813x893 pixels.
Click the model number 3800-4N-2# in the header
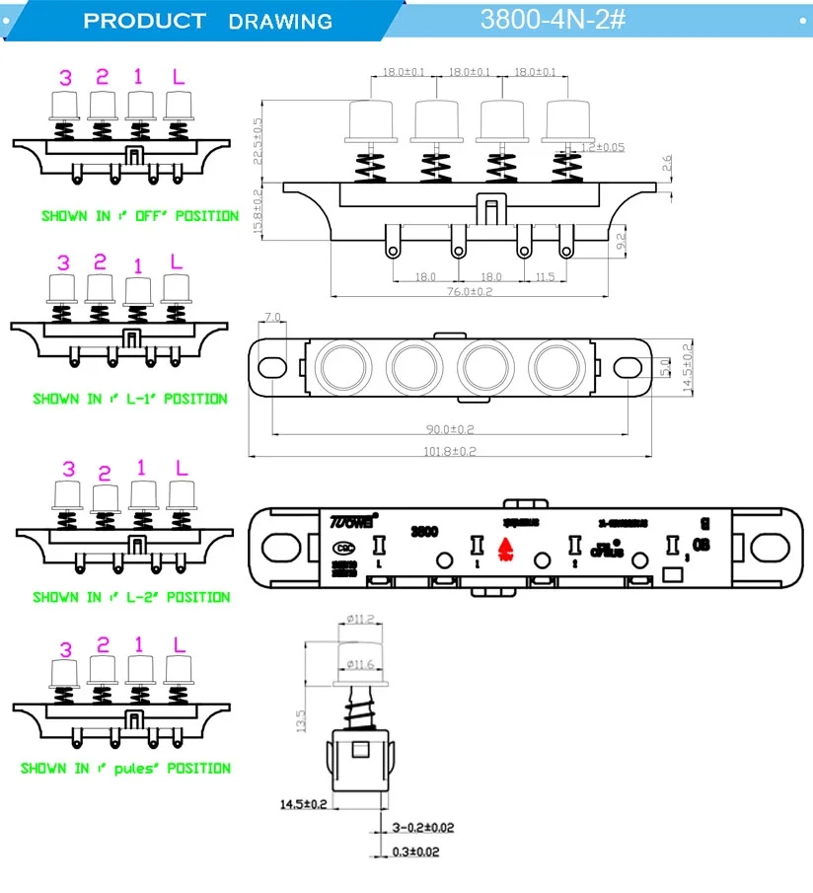pyautogui.click(x=553, y=19)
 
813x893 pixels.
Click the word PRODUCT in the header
pyautogui.click(x=144, y=21)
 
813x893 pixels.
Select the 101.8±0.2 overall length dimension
pyautogui.click(x=451, y=451)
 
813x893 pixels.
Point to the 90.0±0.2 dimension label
pyautogui.click(x=450, y=428)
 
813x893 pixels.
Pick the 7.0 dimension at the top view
pyautogui.click(x=273, y=318)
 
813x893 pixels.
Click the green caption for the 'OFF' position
pyautogui.click(x=139, y=215)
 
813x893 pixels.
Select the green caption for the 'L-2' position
pyautogui.click(x=131, y=597)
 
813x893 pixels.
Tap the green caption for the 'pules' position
pyautogui.click(x=126, y=768)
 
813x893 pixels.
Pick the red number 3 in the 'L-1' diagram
pyautogui.click(x=65, y=262)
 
